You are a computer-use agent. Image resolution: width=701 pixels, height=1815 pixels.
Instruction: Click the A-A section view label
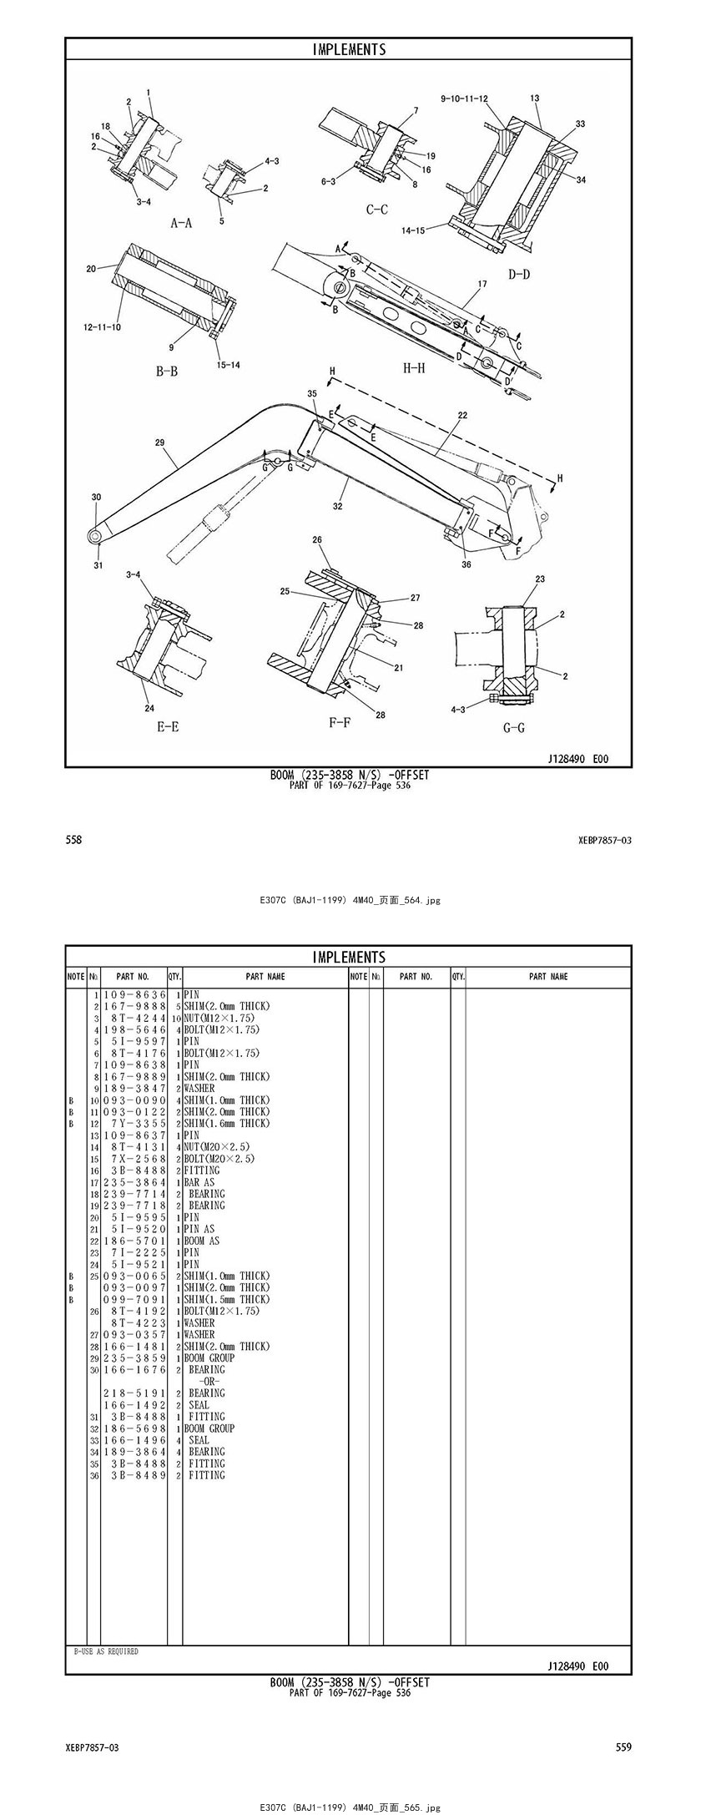[x=181, y=223]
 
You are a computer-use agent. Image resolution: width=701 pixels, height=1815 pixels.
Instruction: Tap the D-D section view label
[x=518, y=274]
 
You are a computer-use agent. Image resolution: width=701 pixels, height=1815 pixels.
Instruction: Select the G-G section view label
[x=513, y=728]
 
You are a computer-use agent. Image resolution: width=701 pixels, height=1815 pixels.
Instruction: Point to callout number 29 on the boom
[x=159, y=442]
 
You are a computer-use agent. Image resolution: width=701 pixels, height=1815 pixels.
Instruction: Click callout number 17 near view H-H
[x=482, y=285]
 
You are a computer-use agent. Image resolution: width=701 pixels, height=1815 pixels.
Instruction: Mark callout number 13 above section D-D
[x=534, y=99]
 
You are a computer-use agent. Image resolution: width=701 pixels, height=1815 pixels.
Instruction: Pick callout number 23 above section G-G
[x=540, y=579]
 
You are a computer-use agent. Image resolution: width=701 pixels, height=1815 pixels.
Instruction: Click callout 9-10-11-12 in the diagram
[x=464, y=99]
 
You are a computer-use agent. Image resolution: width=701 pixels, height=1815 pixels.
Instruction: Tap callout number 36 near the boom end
[x=466, y=564]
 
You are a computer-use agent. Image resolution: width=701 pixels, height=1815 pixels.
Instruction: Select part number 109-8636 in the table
[x=134, y=995]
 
